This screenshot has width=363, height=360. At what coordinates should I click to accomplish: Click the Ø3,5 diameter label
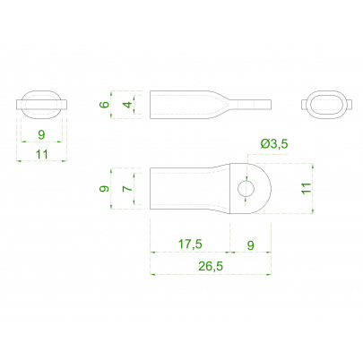[x=274, y=144]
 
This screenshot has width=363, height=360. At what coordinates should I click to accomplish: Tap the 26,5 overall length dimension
[x=211, y=266]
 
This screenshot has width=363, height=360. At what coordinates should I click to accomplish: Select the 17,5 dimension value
[x=190, y=244]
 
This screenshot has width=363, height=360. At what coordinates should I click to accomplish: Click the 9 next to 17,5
[x=251, y=245]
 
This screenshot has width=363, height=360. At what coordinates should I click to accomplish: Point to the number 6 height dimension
[x=105, y=105]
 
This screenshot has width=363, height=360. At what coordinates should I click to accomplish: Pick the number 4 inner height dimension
[x=127, y=105]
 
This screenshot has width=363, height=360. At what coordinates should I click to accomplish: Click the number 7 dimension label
[x=127, y=188]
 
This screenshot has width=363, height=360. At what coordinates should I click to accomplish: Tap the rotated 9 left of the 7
[x=104, y=189]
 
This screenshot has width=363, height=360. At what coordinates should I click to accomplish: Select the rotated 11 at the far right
[x=307, y=188]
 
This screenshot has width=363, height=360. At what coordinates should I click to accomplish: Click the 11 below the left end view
[x=42, y=155]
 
